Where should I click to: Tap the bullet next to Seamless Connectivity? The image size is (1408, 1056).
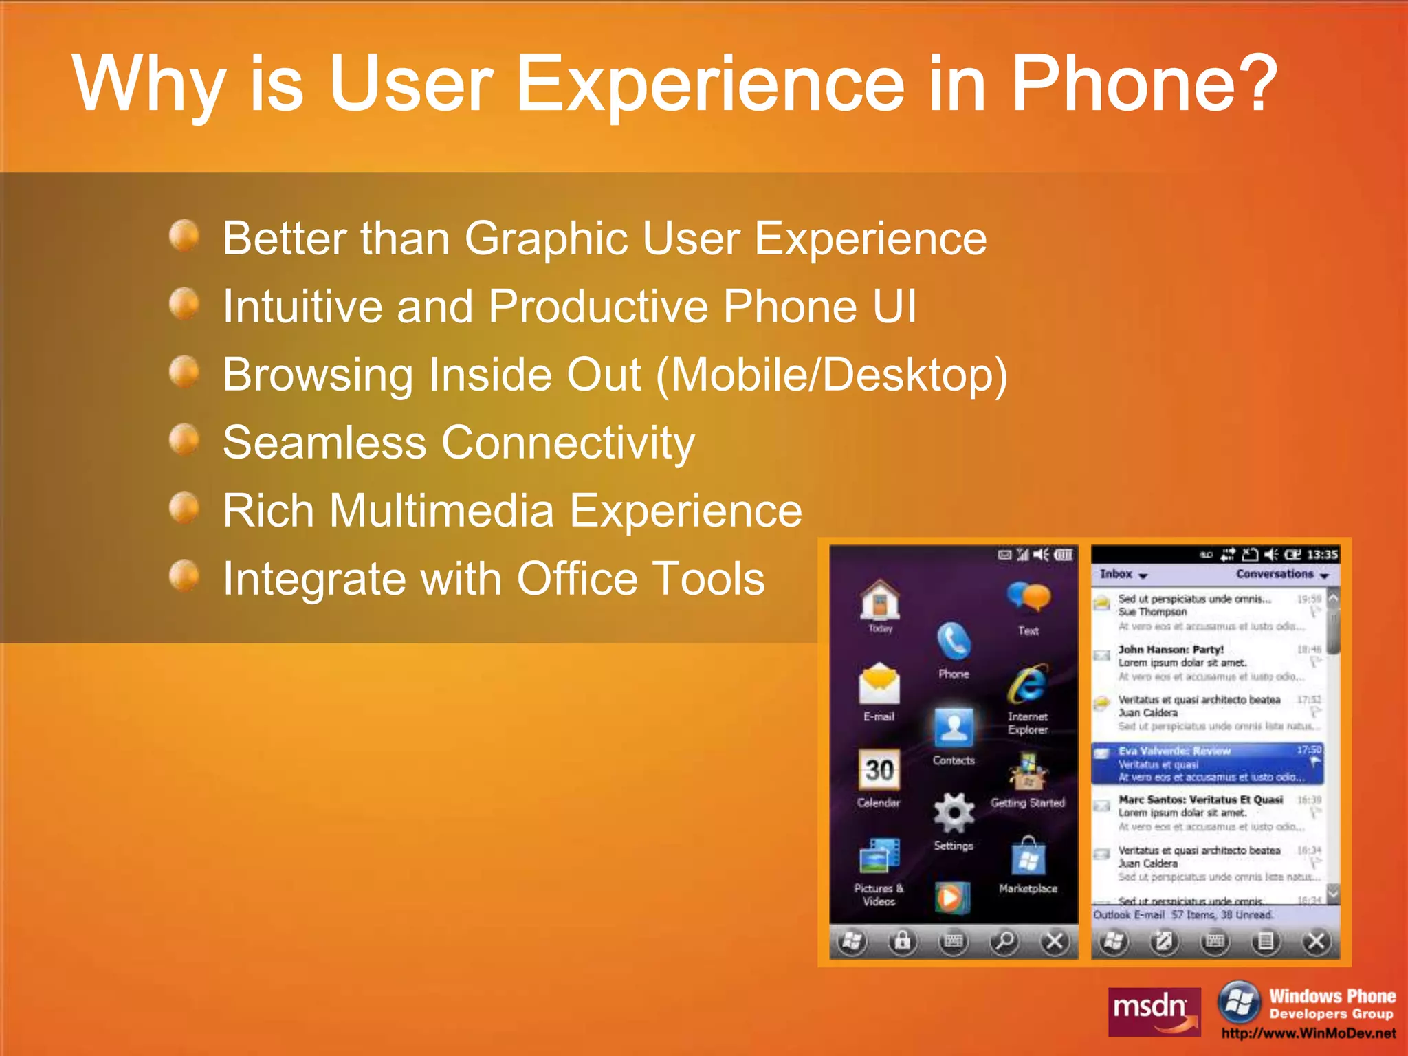tap(184, 439)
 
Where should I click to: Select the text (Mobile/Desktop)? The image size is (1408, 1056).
tap(831, 375)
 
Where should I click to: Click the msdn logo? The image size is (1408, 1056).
tap(1154, 1011)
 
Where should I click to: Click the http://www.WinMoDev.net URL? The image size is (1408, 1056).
tap(1308, 1033)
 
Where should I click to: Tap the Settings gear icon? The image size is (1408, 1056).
tap(954, 813)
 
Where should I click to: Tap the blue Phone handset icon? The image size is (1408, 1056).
tap(954, 642)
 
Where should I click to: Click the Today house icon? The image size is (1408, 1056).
tap(880, 600)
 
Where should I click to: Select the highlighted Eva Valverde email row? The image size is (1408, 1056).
tap(1207, 764)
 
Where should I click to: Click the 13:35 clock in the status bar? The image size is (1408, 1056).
tap(1321, 554)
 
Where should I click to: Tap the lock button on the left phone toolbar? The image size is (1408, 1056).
tap(902, 940)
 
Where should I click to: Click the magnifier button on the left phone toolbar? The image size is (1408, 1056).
tap(1004, 940)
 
